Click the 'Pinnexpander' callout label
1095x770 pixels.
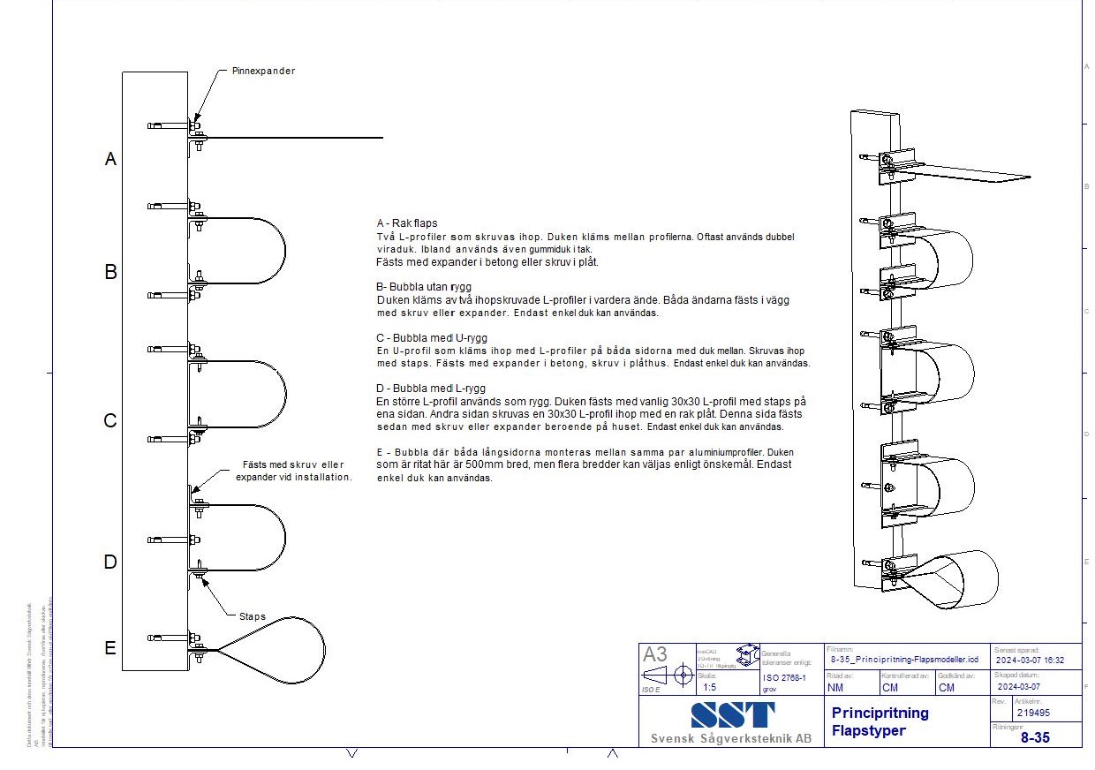[x=263, y=71]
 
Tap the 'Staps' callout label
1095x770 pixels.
[x=253, y=616]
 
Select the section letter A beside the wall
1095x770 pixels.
[x=110, y=159]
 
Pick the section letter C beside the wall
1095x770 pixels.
[x=110, y=420]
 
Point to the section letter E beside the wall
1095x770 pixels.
[x=110, y=648]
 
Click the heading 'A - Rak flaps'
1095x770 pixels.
[x=406, y=223]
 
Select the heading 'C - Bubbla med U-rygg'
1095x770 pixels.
[x=431, y=337]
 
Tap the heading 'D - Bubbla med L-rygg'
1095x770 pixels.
[x=430, y=389]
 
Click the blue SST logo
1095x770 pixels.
[x=732, y=714]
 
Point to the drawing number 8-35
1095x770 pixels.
[x=1035, y=737]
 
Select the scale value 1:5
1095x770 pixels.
[x=709, y=686]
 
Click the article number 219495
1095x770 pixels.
[x=1033, y=713]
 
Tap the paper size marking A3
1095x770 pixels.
[x=655, y=654]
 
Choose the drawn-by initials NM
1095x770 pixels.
[x=834, y=687]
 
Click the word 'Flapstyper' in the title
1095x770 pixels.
[x=869, y=730]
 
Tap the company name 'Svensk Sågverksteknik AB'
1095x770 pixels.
[x=730, y=738]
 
